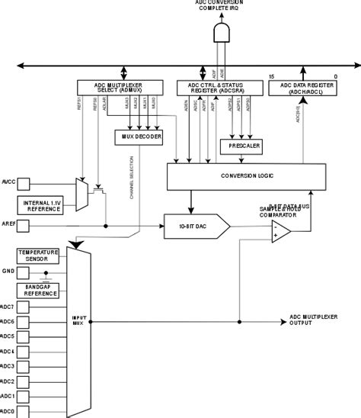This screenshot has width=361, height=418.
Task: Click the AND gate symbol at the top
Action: click(x=222, y=33)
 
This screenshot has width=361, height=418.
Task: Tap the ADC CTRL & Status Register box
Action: click(x=216, y=88)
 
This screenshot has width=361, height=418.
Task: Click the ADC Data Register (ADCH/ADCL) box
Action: click(x=305, y=88)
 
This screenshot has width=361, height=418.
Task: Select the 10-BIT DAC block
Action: click(x=195, y=226)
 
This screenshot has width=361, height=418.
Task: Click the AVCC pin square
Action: click(x=23, y=183)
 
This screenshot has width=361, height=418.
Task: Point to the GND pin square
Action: click(x=23, y=272)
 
